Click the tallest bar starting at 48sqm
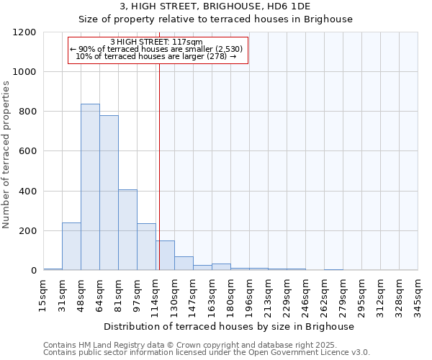(x=90, y=187)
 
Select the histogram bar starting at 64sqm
(x=109, y=193)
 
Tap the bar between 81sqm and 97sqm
(x=127, y=230)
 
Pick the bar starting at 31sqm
(x=71, y=246)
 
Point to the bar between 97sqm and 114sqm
(x=146, y=247)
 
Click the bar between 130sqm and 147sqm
(x=184, y=264)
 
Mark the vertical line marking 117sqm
(x=159, y=166)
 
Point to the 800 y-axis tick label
(x=27, y=112)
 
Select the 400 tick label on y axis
(x=27, y=192)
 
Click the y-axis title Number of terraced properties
(x=6, y=155)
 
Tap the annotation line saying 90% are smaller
(x=157, y=49)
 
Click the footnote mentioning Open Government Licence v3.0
(x=207, y=352)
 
